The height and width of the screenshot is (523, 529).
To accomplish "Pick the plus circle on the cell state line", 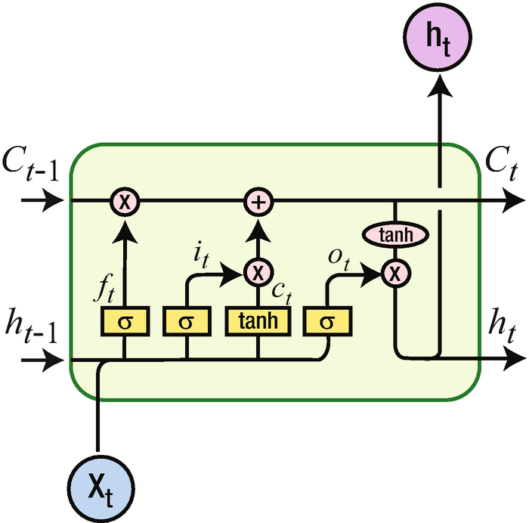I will [258, 202].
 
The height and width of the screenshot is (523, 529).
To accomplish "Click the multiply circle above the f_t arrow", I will [124, 202].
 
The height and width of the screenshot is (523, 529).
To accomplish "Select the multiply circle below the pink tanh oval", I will [394, 272].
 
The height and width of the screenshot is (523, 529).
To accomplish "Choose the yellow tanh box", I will [258, 322].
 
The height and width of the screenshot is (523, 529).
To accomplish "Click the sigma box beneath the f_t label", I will [124, 322].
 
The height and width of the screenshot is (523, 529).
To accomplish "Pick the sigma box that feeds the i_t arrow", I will [186, 322].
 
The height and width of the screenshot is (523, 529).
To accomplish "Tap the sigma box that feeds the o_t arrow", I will [327, 322].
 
